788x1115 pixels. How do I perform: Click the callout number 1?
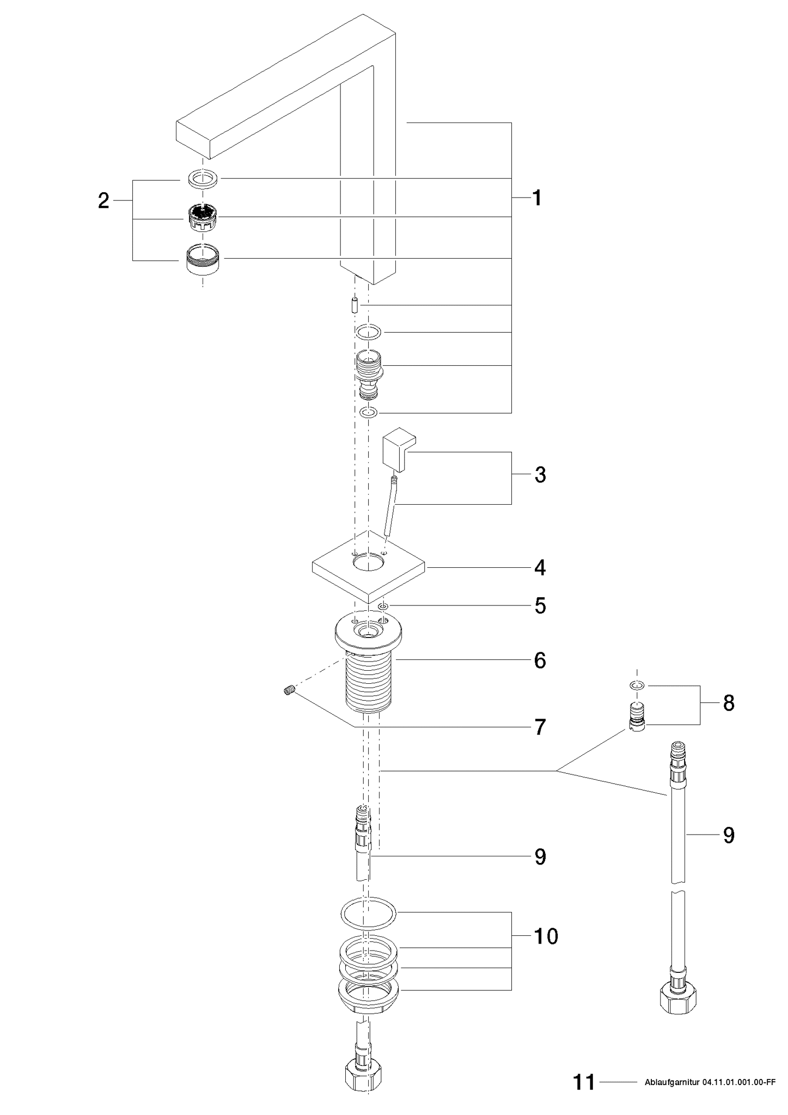537,198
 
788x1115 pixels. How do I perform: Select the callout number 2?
103,201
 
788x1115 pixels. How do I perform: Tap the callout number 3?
540,475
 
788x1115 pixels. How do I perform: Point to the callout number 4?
540,568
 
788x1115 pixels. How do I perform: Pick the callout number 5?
540,605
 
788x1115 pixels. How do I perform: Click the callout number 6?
540,660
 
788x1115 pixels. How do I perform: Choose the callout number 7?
540,727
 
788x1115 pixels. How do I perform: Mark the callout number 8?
729,703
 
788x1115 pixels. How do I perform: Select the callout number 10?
546,936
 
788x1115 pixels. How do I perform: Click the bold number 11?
584,1082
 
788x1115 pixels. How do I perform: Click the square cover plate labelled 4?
368,569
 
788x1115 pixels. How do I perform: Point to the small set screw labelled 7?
289,691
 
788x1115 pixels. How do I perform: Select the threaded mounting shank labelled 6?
369,681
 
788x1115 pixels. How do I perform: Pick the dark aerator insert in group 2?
203,217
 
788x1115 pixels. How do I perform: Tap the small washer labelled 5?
383,606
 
